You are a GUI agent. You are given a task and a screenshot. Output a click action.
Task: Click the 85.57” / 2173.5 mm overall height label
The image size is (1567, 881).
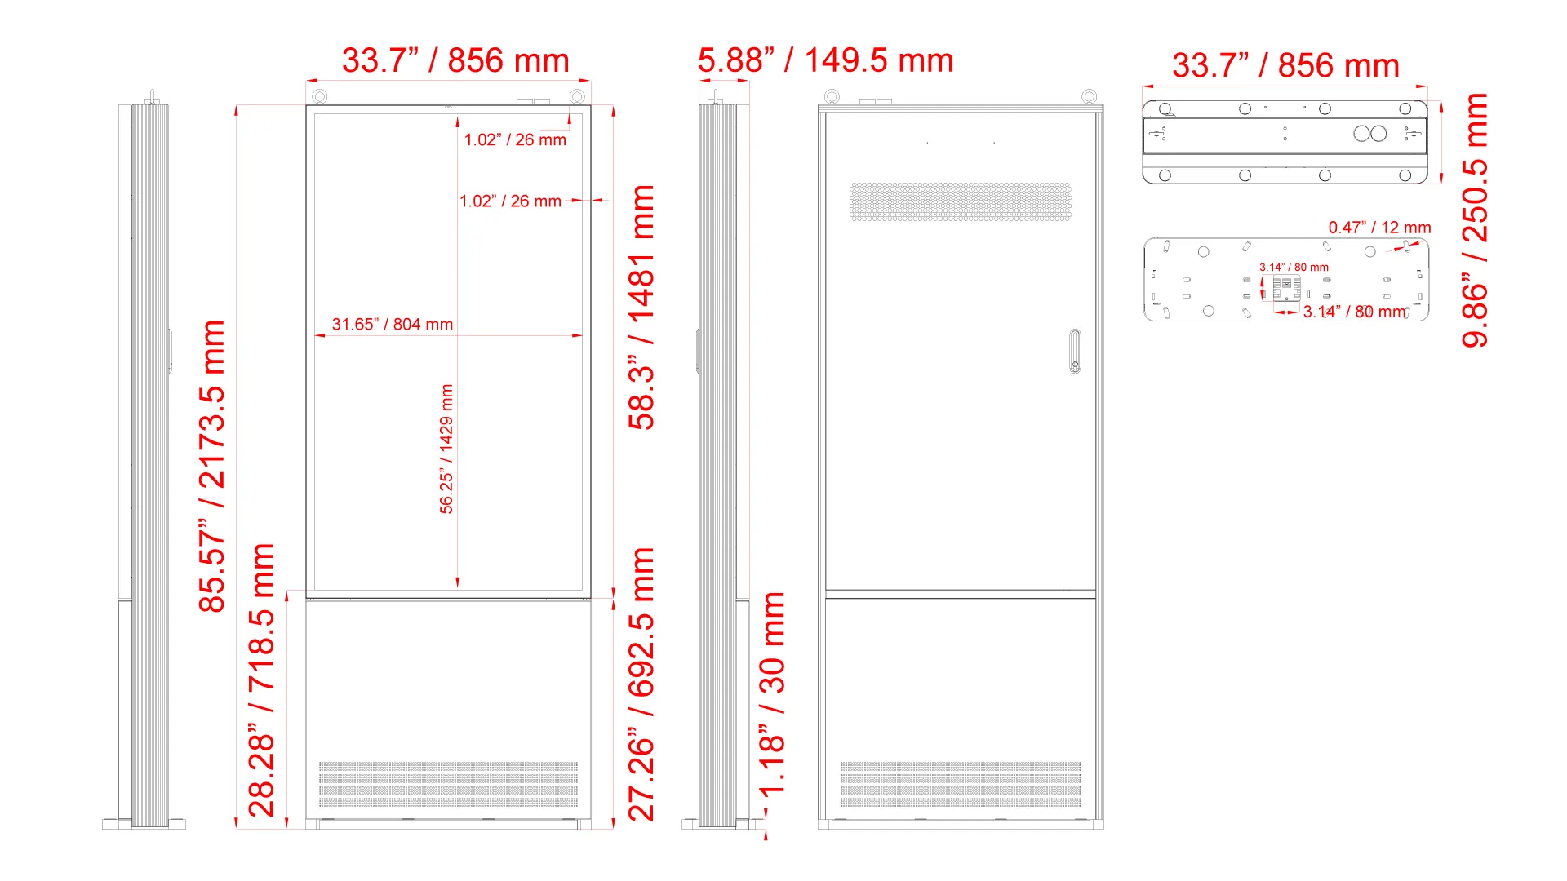point(212,466)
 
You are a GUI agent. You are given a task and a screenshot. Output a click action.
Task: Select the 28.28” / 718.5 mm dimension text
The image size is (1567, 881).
point(261,680)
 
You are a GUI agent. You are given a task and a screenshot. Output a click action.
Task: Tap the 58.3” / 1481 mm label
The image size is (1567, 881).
point(641,308)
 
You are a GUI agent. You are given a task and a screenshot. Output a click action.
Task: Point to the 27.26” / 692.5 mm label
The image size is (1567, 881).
point(641,684)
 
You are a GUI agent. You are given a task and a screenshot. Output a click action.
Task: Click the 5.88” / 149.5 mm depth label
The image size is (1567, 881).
point(826,60)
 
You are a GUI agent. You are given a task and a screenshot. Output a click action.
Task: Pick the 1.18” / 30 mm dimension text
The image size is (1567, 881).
point(772,694)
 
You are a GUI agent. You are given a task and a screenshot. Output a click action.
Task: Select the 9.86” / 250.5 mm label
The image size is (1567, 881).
point(1475,220)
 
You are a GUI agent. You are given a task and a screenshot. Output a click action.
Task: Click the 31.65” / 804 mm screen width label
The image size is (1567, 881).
point(393,324)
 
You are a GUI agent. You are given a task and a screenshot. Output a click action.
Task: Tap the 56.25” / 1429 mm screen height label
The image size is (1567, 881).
point(446,449)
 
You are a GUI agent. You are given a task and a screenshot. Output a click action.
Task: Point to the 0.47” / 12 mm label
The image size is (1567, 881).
point(1379,228)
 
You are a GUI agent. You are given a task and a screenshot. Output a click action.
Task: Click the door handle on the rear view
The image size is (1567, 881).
point(1076,351)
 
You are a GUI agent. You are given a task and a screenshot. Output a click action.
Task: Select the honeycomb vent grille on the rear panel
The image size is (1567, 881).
point(961,201)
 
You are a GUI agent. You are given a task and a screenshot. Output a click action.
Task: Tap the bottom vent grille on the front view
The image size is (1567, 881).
point(448,785)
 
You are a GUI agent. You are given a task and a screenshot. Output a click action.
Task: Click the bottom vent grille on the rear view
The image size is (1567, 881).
point(961,785)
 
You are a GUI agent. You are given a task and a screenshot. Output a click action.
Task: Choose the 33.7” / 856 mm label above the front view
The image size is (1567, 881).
point(455,60)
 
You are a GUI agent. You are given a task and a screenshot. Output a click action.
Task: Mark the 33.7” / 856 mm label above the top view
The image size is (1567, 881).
point(1286,65)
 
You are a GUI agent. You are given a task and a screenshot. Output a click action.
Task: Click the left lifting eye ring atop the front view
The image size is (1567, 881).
point(320,97)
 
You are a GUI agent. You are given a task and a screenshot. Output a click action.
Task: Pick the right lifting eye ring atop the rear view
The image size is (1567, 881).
point(1089,97)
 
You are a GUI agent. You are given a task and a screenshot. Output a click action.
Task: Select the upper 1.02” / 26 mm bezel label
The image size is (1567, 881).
point(515,139)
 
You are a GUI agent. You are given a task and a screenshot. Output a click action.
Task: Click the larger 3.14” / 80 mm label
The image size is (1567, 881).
point(1355,312)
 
